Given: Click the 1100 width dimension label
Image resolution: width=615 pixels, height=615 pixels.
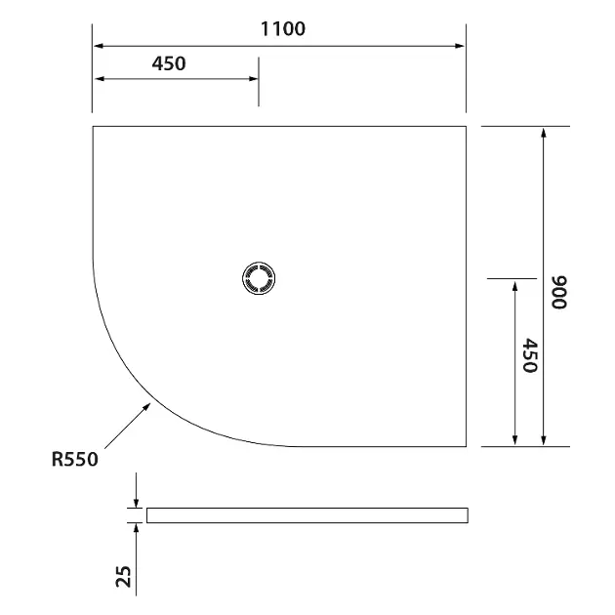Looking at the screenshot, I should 282,28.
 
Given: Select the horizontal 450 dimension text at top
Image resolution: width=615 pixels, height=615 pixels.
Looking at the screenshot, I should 169,63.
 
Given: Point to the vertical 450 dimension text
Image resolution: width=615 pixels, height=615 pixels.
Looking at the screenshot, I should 530,356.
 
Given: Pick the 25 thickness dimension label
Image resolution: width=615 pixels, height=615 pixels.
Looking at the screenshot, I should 123,576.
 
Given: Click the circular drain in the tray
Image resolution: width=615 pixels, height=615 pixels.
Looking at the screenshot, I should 260,278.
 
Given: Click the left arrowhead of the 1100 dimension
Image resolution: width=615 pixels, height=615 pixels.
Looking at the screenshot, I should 99,45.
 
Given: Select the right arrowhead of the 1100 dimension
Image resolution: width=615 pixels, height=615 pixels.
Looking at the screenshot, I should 461,45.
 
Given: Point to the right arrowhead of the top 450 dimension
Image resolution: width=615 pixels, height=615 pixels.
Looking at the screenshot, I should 253,80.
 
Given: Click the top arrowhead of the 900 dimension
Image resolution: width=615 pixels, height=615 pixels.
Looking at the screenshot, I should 544,133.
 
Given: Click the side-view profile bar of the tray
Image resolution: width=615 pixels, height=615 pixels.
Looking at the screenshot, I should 307,515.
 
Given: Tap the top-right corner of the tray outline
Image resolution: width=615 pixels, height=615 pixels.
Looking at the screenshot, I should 468,126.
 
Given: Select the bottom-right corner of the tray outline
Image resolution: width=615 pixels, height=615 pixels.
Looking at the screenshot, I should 468,446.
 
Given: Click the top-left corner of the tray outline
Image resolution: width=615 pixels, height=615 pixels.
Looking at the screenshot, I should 93,126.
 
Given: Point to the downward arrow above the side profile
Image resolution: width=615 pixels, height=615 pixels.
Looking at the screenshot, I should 136,502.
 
